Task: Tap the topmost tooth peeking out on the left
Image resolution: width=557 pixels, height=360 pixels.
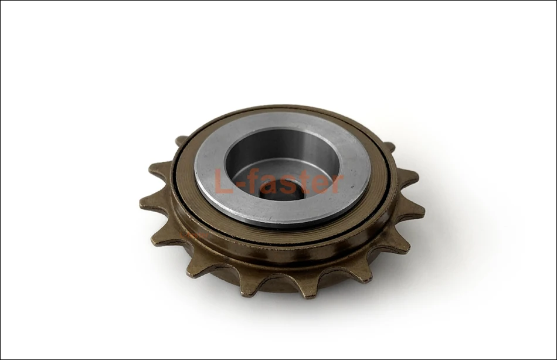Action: [181, 141]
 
